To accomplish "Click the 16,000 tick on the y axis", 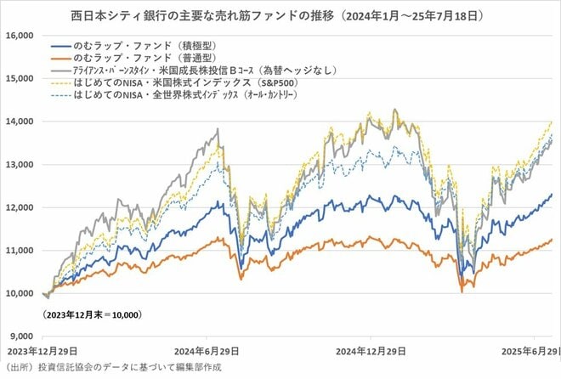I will click(20, 35).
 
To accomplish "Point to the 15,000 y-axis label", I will click(20, 78).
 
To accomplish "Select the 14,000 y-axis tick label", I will click(20, 122).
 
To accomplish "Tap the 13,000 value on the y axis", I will click(20, 164).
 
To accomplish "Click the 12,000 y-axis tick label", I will click(20, 207).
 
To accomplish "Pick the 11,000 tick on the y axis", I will click(20, 251).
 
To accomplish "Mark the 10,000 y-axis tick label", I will click(20, 294).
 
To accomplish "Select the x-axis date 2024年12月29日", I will click(373, 351).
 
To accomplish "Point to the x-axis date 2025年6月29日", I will click(529, 351).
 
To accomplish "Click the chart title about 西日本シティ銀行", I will click(280, 14).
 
